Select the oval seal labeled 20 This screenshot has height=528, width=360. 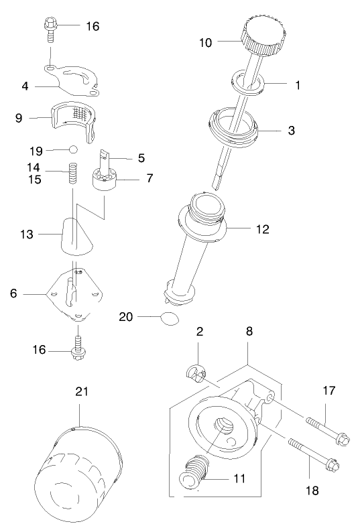pos(170,317)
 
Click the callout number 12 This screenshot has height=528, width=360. pos(262,229)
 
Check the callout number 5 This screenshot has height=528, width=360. pos(141,158)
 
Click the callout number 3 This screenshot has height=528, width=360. pos(291,130)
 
